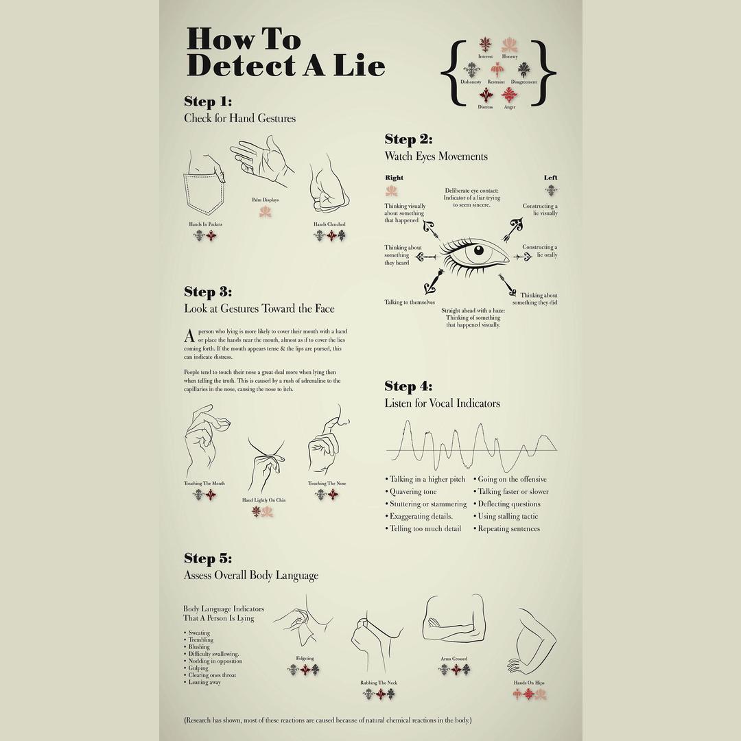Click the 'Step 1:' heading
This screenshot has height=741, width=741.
pyautogui.click(x=208, y=102)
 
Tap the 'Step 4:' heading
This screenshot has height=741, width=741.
pyautogui.click(x=409, y=386)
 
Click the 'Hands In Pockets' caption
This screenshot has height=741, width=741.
pyautogui.click(x=205, y=224)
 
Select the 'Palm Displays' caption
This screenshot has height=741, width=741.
pyautogui.click(x=266, y=200)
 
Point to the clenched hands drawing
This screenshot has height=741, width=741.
pyautogui.click(x=329, y=187)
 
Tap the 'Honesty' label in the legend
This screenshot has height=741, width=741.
pyautogui.click(x=510, y=57)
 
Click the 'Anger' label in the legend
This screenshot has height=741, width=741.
pyautogui.click(x=510, y=107)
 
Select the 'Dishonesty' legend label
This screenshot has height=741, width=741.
pyautogui.click(x=471, y=82)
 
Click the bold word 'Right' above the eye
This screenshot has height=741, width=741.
pyautogui.click(x=394, y=178)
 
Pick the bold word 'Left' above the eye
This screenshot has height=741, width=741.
pyautogui.click(x=550, y=178)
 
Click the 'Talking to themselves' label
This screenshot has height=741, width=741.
pyautogui.click(x=410, y=303)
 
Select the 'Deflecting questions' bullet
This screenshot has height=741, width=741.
pyautogui.click(x=508, y=504)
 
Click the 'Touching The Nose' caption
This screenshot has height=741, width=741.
pyautogui.click(x=327, y=484)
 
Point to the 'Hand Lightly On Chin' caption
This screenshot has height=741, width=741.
pyautogui.click(x=264, y=500)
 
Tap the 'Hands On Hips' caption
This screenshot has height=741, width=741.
pyautogui.click(x=528, y=683)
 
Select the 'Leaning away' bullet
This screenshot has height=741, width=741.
pyautogui.click(x=204, y=683)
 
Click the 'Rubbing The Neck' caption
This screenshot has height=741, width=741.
pyautogui.click(x=379, y=683)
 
